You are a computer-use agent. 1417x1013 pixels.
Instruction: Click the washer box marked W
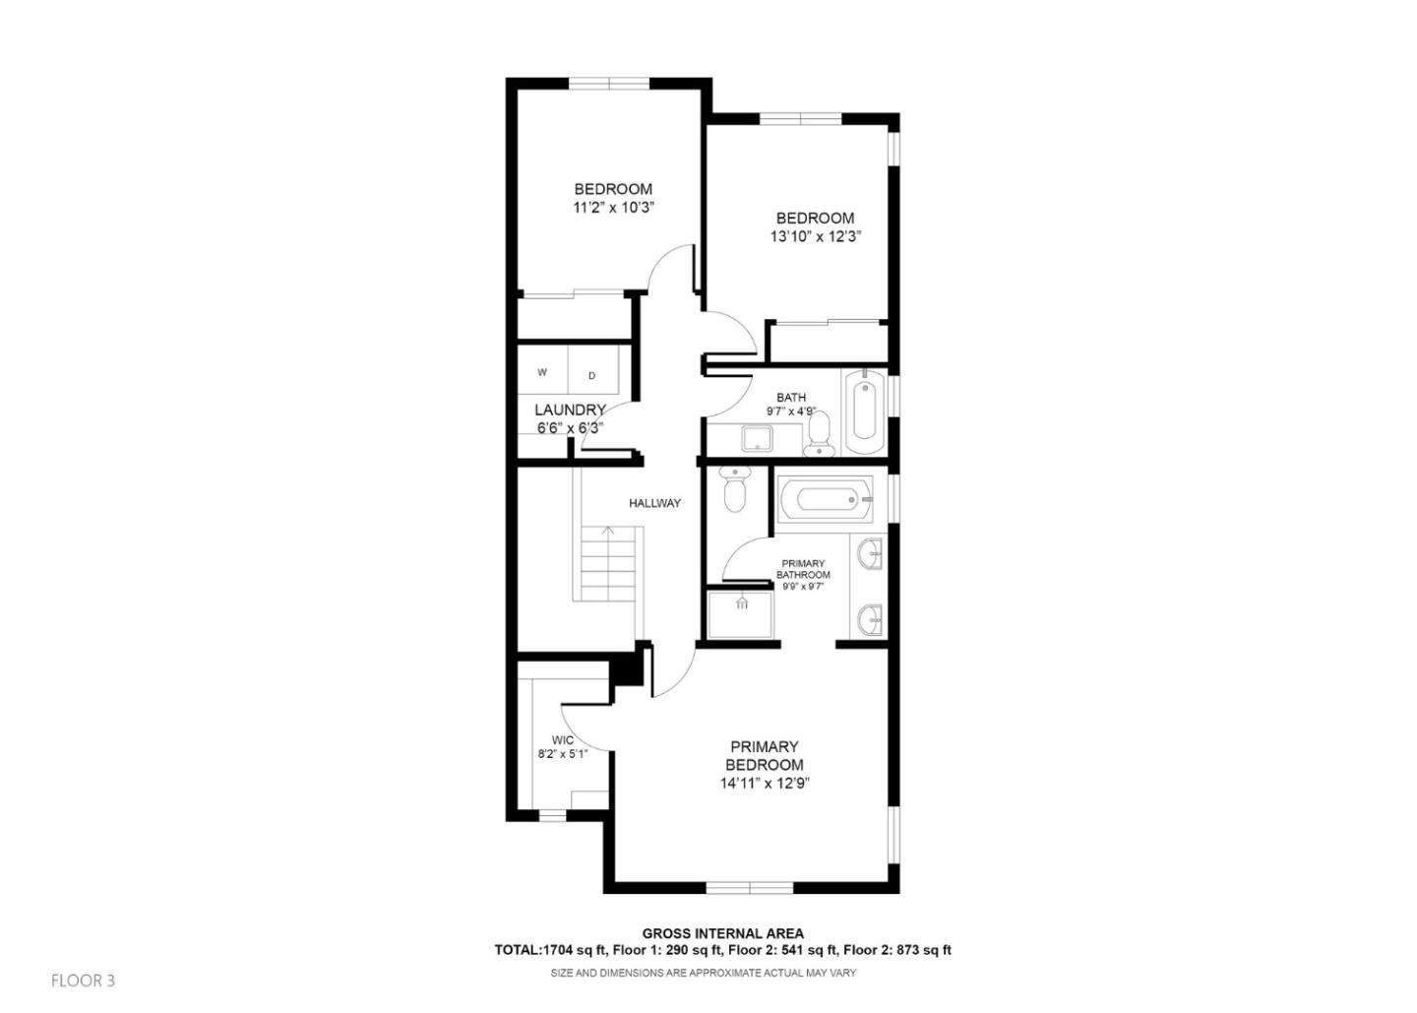click(x=542, y=373)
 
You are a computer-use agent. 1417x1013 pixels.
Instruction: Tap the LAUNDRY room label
click(x=570, y=410)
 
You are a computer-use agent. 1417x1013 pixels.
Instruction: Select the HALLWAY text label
click(x=654, y=503)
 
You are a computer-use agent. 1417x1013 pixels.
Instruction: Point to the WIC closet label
click(x=563, y=740)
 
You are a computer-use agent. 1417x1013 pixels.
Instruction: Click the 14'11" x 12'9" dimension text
click(x=765, y=784)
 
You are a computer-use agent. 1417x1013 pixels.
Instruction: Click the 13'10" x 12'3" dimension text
click(x=816, y=236)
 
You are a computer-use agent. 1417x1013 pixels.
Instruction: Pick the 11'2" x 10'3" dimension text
click(x=613, y=208)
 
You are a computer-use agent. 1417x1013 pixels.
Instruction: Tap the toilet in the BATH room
click(x=819, y=434)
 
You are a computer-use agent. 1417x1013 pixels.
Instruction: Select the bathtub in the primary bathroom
click(x=825, y=499)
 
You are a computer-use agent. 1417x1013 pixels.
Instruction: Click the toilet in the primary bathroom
click(x=734, y=490)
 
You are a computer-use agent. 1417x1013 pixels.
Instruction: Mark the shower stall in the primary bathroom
click(x=741, y=613)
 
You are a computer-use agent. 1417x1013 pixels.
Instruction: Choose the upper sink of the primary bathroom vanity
click(x=870, y=554)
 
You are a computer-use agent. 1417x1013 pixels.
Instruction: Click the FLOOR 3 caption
click(x=83, y=981)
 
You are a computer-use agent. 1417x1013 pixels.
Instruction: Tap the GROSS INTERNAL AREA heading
click(x=722, y=933)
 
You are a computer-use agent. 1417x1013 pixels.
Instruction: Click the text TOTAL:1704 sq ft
click(x=539, y=950)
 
